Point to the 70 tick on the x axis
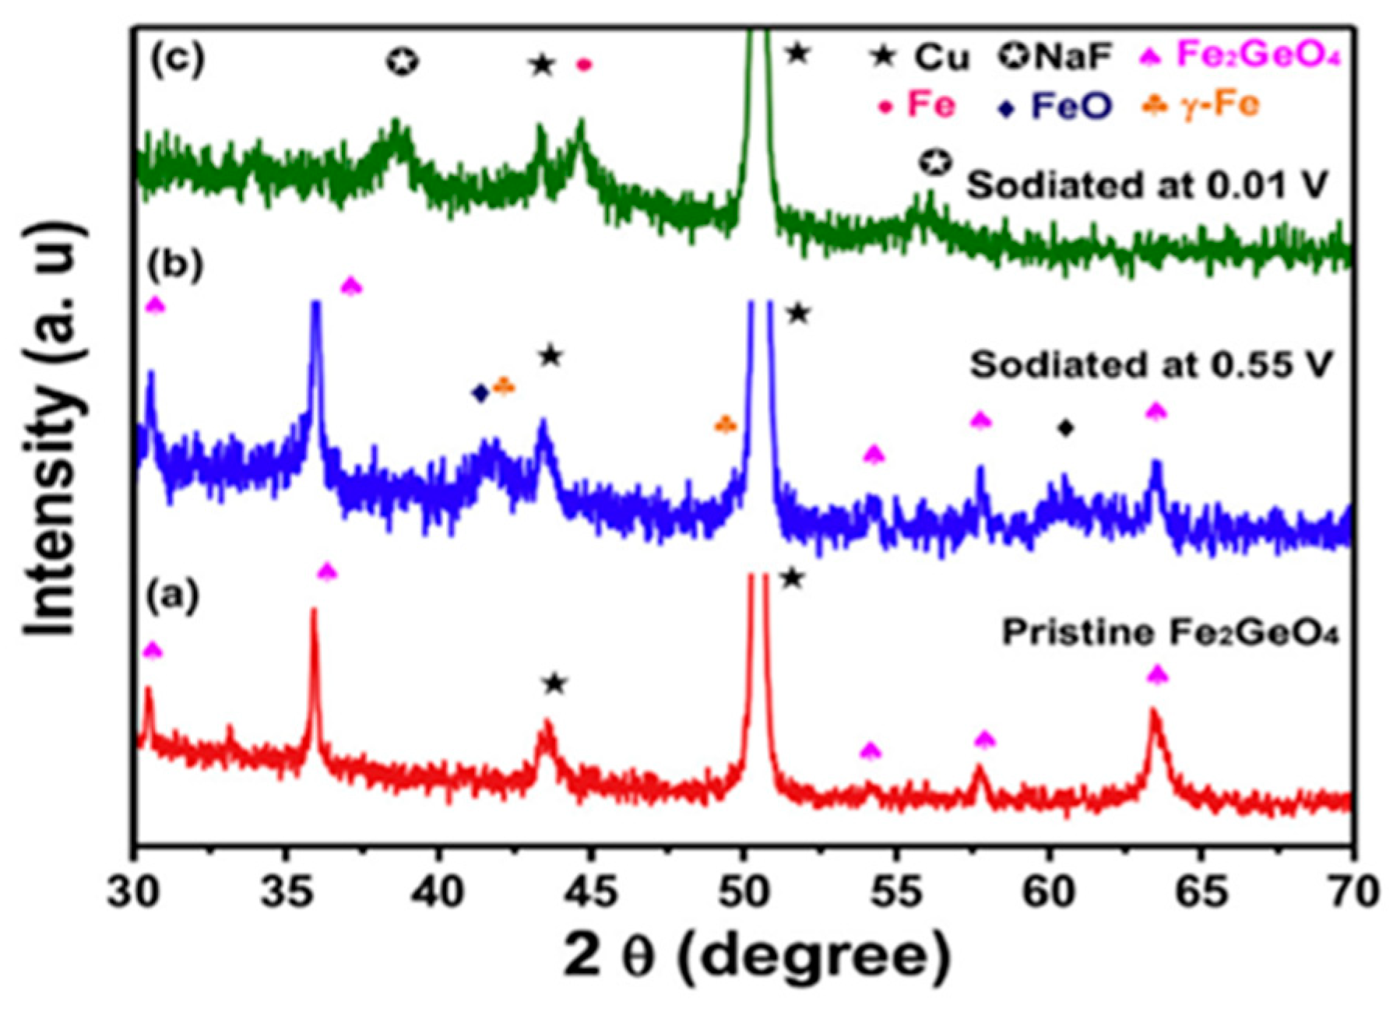click(1353, 893)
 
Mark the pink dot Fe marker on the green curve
click(584, 65)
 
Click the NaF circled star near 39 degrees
click(402, 61)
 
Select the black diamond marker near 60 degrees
click(1066, 427)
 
